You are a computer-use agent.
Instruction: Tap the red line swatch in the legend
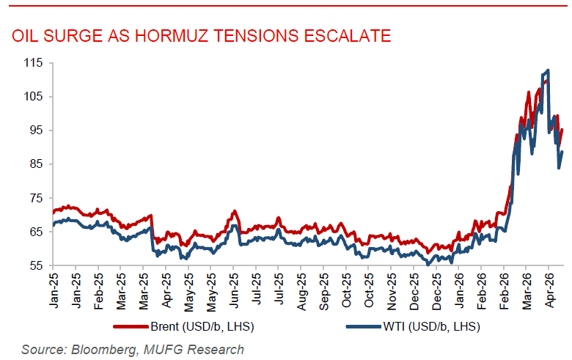click(x=131, y=325)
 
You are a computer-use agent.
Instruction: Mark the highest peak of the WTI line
click(x=548, y=70)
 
